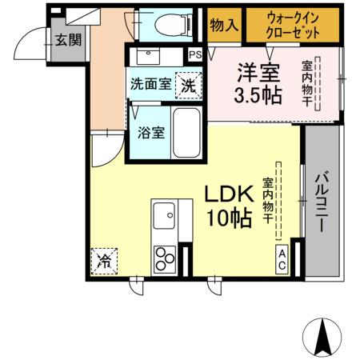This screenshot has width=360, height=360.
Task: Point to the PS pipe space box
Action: (x=195, y=55)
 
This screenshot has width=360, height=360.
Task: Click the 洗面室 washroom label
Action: (x=150, y=83)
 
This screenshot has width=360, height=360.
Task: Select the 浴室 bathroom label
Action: (x=151, y=132)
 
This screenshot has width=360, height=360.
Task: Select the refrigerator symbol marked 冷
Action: (x=104, y=260)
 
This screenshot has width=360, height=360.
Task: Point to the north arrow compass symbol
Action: (x=325, y=336)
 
